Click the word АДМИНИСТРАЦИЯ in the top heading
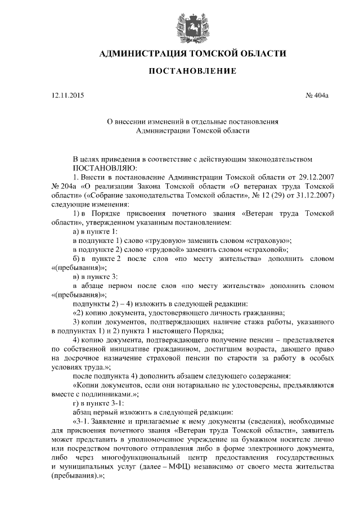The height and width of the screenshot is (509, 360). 141,53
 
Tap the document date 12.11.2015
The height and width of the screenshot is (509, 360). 64,96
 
